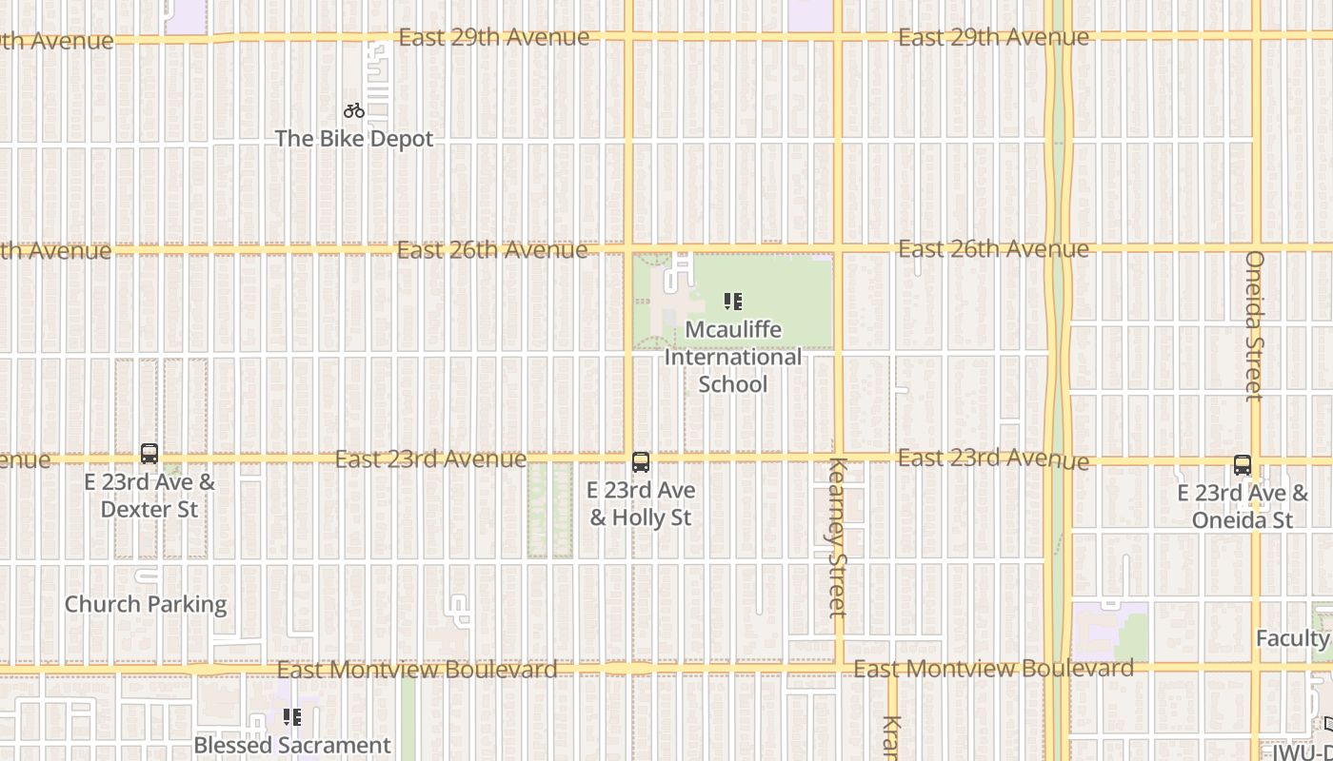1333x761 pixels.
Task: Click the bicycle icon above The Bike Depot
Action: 354,111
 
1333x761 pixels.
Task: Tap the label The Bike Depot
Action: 354,139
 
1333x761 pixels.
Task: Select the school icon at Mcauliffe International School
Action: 732,302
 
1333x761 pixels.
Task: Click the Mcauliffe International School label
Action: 732,357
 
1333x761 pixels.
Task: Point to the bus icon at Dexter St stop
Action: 149,454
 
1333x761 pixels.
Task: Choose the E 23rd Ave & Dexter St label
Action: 149,496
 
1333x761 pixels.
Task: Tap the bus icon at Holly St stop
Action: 641,462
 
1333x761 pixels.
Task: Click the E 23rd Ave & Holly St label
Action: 641,504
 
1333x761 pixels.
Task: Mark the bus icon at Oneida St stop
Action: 1243,465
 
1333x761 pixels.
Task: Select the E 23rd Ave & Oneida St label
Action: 1243,506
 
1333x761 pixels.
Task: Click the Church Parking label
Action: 146,604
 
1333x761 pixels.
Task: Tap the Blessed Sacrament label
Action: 292,745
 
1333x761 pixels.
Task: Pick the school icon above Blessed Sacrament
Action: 292,716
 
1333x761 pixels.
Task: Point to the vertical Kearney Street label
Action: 838,537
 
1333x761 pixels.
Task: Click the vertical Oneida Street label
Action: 1254,325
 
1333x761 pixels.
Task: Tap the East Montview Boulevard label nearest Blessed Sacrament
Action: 417,670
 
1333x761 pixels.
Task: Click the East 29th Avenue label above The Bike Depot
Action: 493,37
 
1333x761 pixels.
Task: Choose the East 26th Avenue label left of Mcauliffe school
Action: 492,250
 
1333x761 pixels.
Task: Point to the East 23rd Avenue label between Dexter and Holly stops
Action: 430,459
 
